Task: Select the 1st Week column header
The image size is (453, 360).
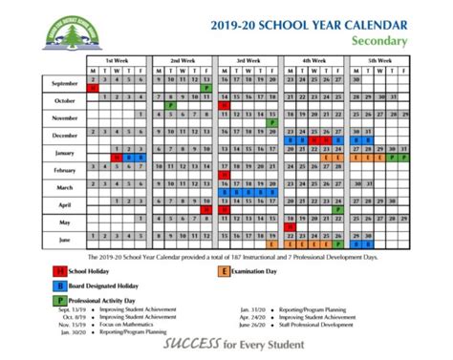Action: (119, 59)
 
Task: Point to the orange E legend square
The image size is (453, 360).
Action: (224, 272)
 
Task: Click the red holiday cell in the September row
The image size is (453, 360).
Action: (92, 88)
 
